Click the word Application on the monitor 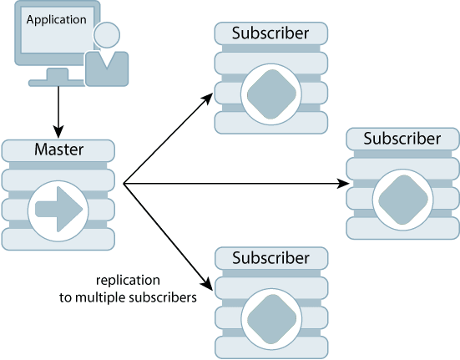point(57,18)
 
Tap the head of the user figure point(107,36)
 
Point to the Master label point(58,150)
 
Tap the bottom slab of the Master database point(58,239)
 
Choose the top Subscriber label point(270,33)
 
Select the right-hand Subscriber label point(402,139)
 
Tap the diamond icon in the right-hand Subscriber point(402,198)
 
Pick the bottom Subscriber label point(270,257)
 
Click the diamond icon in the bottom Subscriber point(270,317)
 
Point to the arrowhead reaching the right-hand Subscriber point(343,183)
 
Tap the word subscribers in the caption point(169,296)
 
